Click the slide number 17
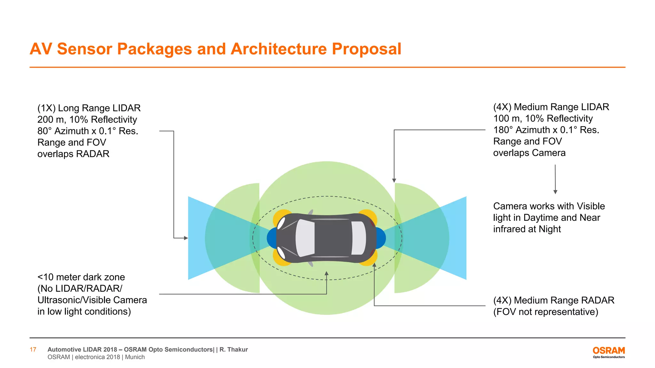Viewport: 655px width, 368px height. [33, 349]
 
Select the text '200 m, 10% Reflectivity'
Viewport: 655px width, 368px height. [87, 119]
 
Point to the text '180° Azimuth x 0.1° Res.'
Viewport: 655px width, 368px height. [546, 130]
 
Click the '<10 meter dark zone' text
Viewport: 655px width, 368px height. [81, 277]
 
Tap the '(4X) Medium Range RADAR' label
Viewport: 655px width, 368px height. [554, 300]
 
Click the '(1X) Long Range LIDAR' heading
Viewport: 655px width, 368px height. [89, 108]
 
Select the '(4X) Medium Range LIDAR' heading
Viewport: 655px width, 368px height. [551, 107]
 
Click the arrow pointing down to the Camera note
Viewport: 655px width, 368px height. [555, 192]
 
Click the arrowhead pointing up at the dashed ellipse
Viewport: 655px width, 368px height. [327, 273]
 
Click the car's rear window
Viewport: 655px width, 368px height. [359, 238]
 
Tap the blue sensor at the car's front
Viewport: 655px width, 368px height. [272, 238]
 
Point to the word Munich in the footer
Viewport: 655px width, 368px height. [135, 357]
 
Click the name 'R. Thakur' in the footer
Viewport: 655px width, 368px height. [233, 349]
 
